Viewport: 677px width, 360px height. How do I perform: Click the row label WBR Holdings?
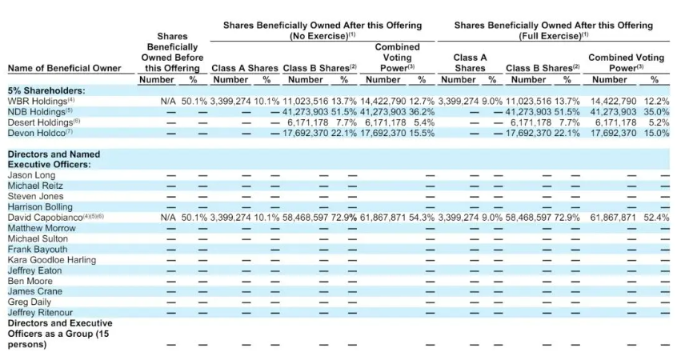[37, 102]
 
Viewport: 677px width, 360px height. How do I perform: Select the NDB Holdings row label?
[36, 112]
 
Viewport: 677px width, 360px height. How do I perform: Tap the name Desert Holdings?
[40, 122]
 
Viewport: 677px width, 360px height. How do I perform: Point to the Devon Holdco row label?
[36, 133]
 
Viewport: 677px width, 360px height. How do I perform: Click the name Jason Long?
[31, 175]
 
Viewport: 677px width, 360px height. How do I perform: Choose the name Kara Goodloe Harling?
[52, 260]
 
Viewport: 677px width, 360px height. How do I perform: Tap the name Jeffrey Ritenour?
[40, 313]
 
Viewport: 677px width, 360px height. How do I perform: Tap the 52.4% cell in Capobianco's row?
[657, 217]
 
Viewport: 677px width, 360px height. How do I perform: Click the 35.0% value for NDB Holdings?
[657, 112]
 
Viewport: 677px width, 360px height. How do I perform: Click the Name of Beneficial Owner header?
[65, 68]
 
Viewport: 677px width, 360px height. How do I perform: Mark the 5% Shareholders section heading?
[46, 90]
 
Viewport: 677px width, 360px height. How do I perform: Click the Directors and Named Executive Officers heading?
[54, 159]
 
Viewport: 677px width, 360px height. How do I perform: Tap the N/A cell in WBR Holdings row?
[168, 102]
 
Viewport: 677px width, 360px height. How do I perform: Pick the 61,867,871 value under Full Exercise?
[614, 217]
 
